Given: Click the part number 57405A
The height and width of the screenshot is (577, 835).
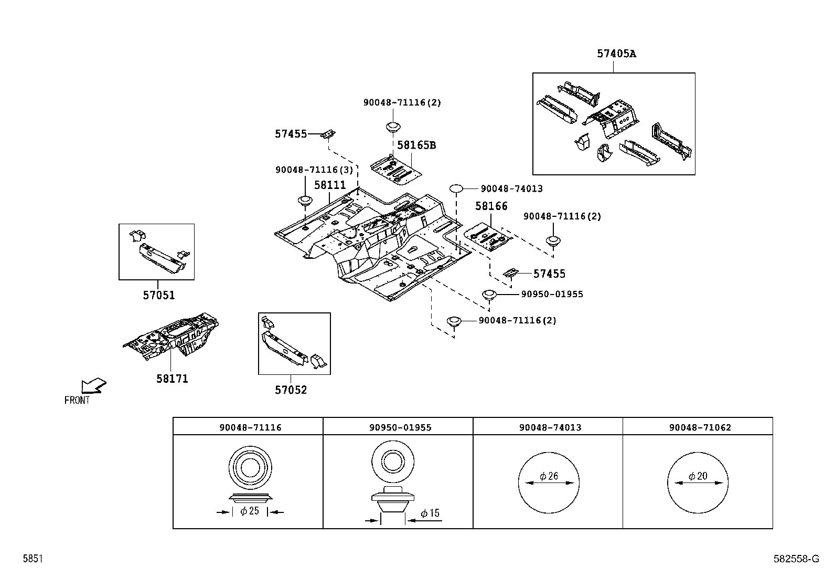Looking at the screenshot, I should [616, 54].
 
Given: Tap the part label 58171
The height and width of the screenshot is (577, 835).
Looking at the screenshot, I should [172, 379].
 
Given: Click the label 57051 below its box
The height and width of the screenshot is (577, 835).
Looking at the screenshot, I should [158, 295].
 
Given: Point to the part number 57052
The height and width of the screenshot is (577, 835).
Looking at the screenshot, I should [291, 390].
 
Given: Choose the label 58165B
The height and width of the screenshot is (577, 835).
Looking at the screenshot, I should [416, 145].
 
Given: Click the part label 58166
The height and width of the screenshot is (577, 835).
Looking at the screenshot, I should [491, 206].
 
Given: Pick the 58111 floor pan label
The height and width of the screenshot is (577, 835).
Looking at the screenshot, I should [330, 185].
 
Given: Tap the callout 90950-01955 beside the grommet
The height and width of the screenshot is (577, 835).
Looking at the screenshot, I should [552, 294].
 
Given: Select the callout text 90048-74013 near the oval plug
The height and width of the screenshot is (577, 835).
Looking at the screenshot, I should [511, 188].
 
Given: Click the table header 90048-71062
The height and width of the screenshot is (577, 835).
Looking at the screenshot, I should [700, 427].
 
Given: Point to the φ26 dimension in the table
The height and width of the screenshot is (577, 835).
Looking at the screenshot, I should [549, 476].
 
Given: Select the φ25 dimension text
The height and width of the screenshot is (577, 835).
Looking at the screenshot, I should [250, 511].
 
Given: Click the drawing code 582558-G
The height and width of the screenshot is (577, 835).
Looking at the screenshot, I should [796, 559].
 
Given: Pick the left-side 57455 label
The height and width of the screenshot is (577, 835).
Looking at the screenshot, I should [291, 134].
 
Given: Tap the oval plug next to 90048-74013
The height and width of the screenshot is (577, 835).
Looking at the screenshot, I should [456, 188].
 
